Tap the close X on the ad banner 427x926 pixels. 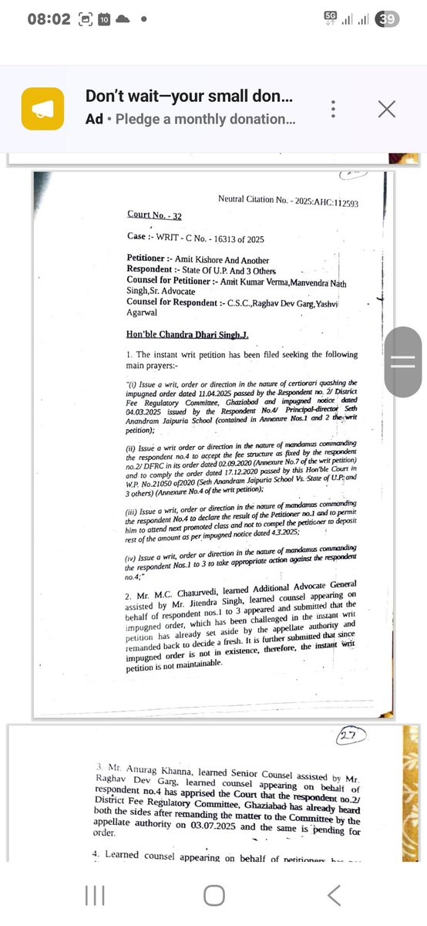point(386,109)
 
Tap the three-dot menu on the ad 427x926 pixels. point(332,109)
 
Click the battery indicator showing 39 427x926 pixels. point(386,19)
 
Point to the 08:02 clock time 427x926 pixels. point(49,19)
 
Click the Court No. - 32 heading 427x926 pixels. point(154,215)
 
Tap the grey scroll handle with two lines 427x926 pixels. point(402,363)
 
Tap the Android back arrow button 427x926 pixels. point(333,895)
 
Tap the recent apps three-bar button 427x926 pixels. point(94,895)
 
